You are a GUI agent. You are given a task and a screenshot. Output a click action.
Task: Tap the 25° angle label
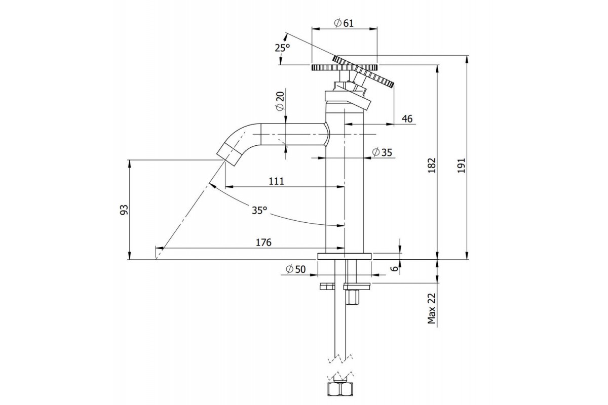[x=282, y=48]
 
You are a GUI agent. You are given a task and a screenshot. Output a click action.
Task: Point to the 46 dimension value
[x=407, y=119]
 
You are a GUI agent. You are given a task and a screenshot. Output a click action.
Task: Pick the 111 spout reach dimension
[x=276, y=181]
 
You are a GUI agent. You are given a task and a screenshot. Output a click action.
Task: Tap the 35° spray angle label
[x=258, y=210]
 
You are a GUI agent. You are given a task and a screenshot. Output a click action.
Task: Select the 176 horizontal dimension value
[x=263, y=242]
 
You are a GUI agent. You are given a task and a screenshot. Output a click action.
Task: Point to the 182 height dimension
[x=432, y=165]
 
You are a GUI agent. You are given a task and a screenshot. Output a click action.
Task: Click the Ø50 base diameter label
[x=295, y=269]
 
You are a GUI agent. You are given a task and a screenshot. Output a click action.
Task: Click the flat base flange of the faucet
[x=345, y=256]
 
